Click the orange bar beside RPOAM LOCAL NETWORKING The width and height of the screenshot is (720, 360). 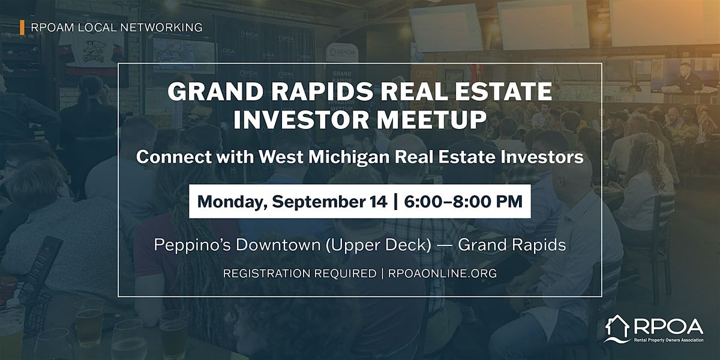22,28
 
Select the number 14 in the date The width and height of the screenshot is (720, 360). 379,202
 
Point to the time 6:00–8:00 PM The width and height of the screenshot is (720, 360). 463,202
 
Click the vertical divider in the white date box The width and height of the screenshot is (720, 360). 395,202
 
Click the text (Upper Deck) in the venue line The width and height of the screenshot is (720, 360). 379,245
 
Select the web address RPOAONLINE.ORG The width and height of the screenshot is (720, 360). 442,274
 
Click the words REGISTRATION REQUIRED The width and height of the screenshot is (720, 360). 299,274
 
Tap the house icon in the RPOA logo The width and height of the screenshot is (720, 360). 617,329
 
